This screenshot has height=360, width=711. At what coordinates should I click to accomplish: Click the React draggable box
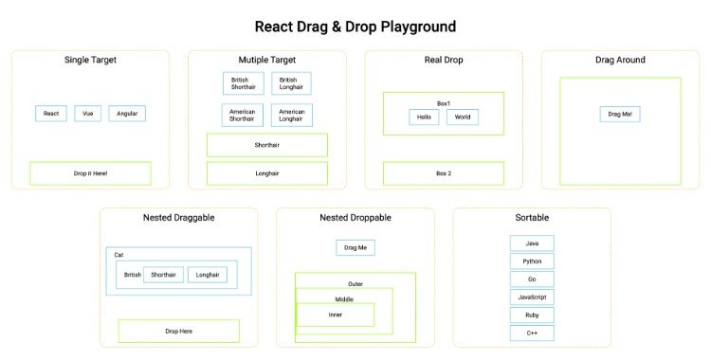coord(51,114)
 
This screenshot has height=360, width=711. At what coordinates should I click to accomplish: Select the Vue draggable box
coord(87,114)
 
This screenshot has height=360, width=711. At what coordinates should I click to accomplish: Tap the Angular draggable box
coord(127,114)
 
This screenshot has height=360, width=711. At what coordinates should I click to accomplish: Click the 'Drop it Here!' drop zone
coord(90,173)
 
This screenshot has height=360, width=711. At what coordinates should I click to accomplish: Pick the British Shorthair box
coord(244,83)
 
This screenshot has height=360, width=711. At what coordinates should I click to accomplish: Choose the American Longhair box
coord(291,116)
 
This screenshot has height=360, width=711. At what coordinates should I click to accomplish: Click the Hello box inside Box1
coord(424,117)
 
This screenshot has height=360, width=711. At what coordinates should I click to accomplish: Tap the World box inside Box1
coord(463,117)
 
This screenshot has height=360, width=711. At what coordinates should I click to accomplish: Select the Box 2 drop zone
coord(443,173)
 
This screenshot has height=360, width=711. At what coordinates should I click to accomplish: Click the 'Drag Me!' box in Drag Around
coord(620,114)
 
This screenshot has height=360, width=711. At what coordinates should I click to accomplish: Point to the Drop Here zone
coord(178,331)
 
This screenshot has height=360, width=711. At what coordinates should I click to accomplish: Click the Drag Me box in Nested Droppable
coord(355,247)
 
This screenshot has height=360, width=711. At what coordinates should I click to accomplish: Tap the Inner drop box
coord(336,315)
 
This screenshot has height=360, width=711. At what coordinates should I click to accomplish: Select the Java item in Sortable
coord(532,243)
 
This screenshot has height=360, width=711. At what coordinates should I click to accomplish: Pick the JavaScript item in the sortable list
coord(532,297)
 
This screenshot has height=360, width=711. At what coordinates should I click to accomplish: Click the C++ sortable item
coord(532,333)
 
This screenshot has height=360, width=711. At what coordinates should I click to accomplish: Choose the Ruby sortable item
coord(532,315)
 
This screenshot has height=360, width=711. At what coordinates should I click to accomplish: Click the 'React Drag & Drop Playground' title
coord(355,27)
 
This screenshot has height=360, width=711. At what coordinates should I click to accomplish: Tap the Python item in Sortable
coord(532,261)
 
